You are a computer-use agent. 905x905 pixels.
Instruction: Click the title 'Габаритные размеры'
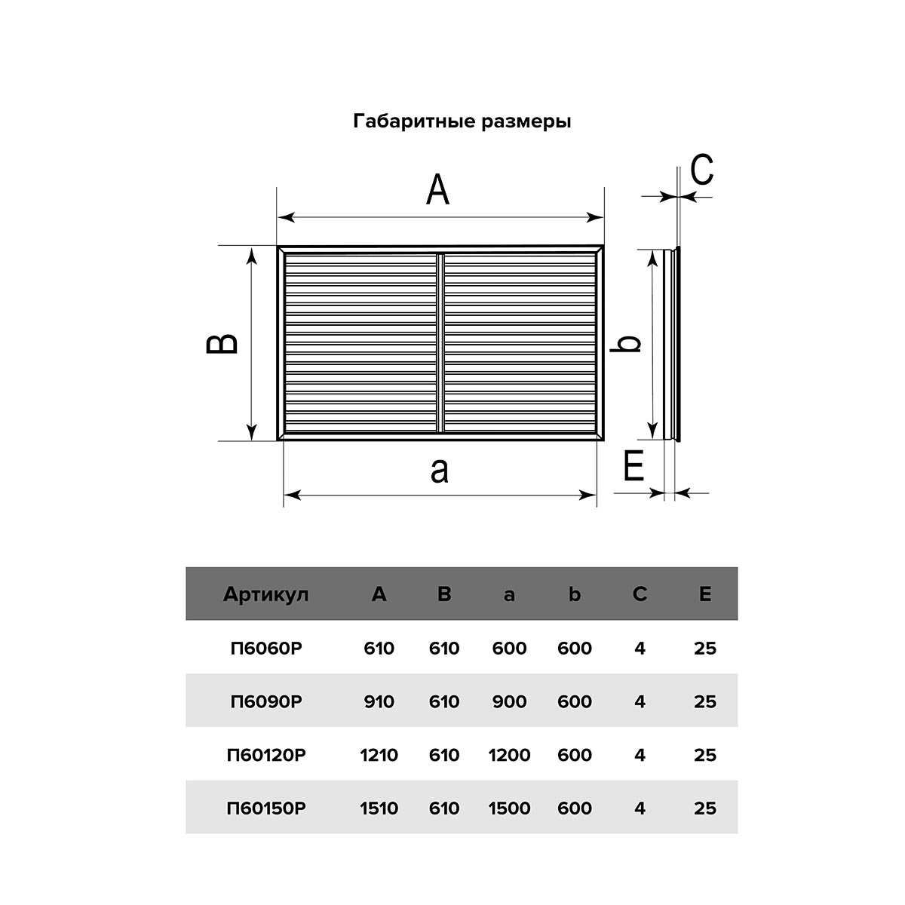[462, 121]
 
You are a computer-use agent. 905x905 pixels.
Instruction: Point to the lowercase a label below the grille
[439, 470]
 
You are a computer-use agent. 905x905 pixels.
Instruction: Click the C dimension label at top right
[701, 170]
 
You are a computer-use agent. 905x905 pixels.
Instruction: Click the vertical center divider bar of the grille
[440, 343]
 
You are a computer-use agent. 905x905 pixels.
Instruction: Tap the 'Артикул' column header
[266, 594]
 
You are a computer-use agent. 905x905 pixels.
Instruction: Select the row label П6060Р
[266, 648]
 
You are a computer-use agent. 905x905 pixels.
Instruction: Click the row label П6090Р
[266, 701]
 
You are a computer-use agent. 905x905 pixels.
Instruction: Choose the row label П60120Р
[266, 755]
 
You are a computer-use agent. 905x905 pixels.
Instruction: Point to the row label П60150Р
[266, 808]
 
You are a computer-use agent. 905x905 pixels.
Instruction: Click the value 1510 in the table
[379, 808]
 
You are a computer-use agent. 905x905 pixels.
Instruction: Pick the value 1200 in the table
[509, 755]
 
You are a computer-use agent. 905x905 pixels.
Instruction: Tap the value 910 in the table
[379, 701]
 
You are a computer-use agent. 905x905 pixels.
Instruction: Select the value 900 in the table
[509, 701]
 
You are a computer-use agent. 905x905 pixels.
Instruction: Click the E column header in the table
[705, 594]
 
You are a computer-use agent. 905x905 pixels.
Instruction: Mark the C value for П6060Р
[640, 648]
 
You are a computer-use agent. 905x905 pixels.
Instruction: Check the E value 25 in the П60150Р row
[705, 808]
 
